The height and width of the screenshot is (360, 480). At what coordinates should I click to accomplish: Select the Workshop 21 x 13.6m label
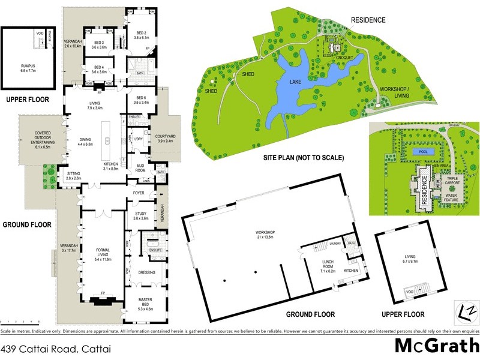coord(264,235)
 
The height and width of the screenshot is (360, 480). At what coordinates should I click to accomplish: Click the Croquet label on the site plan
coord(344,58)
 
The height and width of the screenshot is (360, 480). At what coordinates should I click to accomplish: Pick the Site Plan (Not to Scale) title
coord(304,159)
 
